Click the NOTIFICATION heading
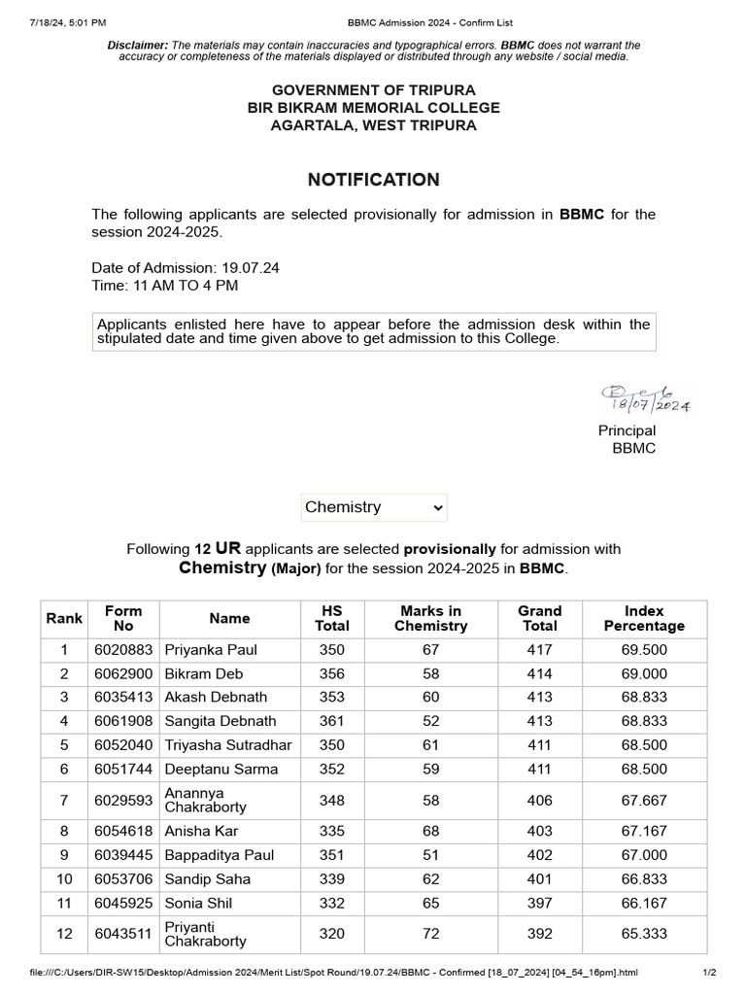point(373,180)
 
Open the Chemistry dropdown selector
point(374,507)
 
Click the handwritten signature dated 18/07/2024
point(645,397)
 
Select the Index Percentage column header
point(644,618)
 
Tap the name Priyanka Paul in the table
point(211,649)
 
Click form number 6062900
point(123,673)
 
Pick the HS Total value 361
point(332,721)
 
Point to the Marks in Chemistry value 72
point(430,934)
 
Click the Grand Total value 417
point(539,649)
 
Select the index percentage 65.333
point(644,934)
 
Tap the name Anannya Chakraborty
point(206,801)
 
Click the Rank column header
point(64,618)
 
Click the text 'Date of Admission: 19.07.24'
point(186,267)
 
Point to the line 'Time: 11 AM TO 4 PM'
point(164,286)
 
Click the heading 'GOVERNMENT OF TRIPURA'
point(373,90)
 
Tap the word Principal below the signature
point(627,430)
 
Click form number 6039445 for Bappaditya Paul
point(123,855)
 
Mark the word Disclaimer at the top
point(137,46)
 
